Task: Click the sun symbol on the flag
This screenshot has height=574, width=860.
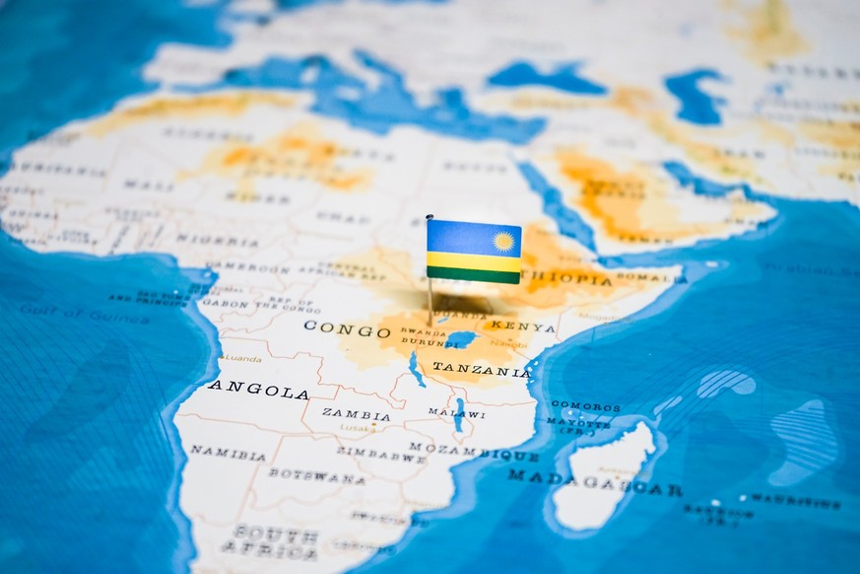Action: (503, 241)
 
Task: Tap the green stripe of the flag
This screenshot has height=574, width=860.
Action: (473, 275)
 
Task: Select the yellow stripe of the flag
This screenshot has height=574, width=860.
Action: (473, 262)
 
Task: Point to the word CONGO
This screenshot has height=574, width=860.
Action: (347, 328)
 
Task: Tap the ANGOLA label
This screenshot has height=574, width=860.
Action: (258, 391)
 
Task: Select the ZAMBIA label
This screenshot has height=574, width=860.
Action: (356, 414)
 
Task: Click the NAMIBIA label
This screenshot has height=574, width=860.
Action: (228, 453)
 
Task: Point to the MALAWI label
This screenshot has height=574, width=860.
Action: (455, 413)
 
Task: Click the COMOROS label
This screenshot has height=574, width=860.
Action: (585, 406)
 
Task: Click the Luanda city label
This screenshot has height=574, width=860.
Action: (242, 358)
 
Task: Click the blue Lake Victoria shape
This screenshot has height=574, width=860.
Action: (460, 339)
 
